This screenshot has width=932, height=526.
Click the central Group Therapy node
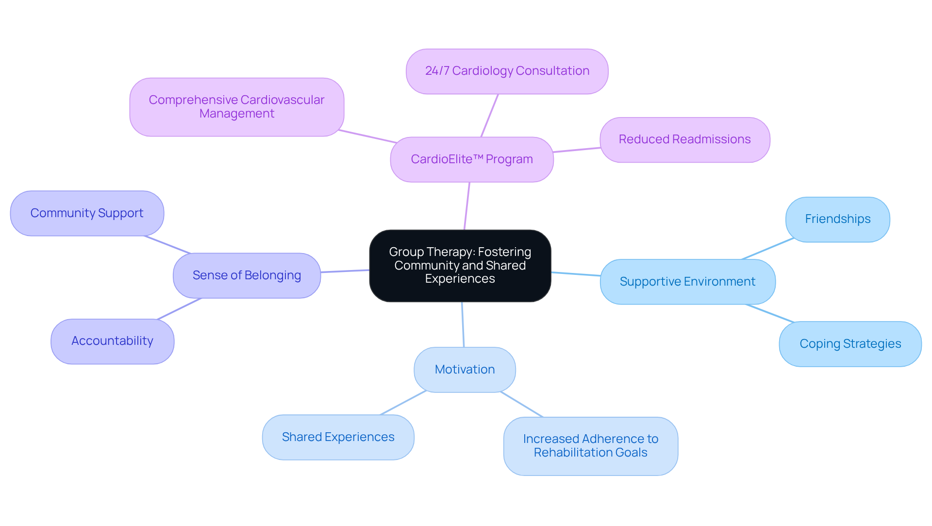tap(460, 266)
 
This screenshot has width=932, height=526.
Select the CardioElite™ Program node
tap(471, 159)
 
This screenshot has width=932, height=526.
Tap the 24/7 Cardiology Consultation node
tap(507, 71)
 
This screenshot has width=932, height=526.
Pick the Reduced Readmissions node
tap(684, 139)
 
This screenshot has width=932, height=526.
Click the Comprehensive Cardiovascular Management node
tap(236, 107)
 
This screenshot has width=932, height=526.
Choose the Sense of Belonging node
tap(247, 275)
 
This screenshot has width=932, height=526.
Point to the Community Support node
tap(87, 213)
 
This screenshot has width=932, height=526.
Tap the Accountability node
tap(112, 341)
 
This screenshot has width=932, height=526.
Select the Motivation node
tap(465, 370)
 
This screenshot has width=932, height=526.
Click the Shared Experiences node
tap(338, 437)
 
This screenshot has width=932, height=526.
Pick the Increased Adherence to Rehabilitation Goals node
tap(590, 446)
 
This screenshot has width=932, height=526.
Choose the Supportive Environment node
tap(687, 282)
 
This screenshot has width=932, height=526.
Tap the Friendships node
tap(837, 219)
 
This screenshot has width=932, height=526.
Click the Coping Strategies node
tap(850, 344)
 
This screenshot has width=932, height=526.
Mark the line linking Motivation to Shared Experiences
tap(403, 403)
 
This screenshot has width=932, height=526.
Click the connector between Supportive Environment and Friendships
tap(768, 249)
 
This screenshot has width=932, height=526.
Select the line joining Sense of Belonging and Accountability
tap(179, 308)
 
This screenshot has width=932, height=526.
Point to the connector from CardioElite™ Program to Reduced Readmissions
tap(577, 150)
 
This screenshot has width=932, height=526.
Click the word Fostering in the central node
tap(504, 252)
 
